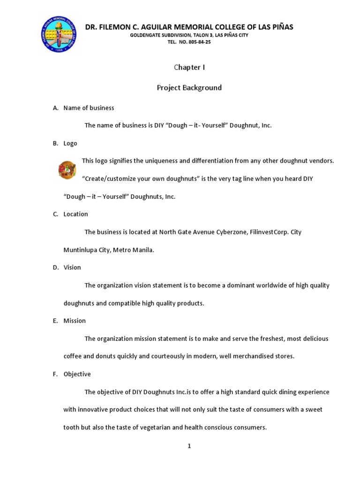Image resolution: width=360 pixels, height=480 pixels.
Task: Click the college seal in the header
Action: [x=59, y=34]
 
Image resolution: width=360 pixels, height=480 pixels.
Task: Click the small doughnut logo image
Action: [x=67, y=170]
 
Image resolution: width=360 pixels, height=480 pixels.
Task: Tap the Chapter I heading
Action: [x=189, y=67]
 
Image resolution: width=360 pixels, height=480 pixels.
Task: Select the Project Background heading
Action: [x=189, y=88]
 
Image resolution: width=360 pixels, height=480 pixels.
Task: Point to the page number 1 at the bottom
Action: [x=189, y=446]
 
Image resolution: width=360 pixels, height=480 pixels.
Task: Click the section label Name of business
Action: [x=89, y=108]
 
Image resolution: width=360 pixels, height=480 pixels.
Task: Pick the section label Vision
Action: [x=72, y=268]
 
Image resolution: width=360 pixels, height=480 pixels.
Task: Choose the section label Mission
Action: [x=75, y=321]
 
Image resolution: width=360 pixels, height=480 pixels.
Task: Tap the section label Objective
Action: [x=77, y=374]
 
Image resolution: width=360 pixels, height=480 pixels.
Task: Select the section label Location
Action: [x=75, y=214]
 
